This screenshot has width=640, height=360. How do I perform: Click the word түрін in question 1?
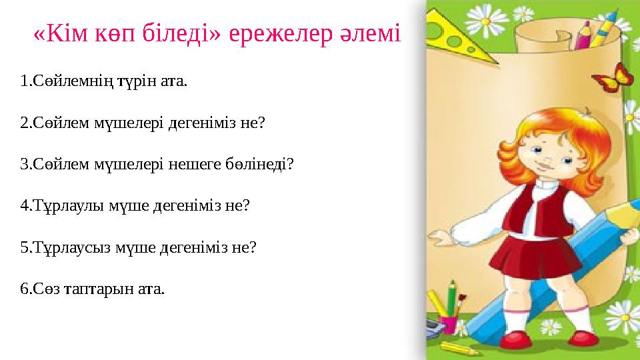141,82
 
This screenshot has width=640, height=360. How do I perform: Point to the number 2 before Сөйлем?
24,123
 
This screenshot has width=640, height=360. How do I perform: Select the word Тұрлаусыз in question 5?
66,247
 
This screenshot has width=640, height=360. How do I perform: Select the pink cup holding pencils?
447,324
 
